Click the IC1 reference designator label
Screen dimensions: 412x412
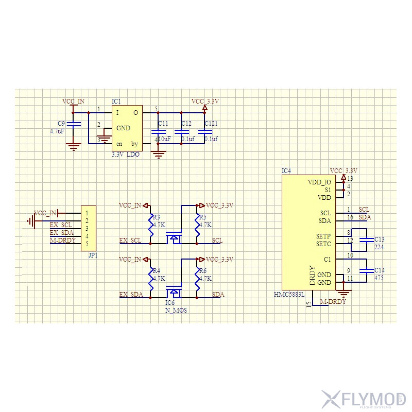(116, 101)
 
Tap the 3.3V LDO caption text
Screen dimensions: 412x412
(125, 154)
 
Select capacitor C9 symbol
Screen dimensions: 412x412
(75, 124)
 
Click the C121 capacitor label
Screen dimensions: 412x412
(211, 124)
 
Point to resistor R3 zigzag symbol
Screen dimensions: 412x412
(151, 224)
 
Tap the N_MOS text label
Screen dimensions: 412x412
(175, 311)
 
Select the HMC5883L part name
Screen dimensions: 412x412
(289, 295)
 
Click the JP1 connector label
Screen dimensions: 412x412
(93, 255)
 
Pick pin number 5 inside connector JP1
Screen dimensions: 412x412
(87, 244)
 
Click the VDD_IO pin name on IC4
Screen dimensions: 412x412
(319, 182)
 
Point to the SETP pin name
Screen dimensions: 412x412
(323, 236)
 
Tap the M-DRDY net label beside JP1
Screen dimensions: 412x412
(63, 241)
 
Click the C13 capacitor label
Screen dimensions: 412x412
(380, 239)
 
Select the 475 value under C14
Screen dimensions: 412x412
(380, 278)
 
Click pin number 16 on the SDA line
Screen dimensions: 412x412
(350, 217)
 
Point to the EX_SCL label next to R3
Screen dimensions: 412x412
(130, 240)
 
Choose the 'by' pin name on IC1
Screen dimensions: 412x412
(134, 144)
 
